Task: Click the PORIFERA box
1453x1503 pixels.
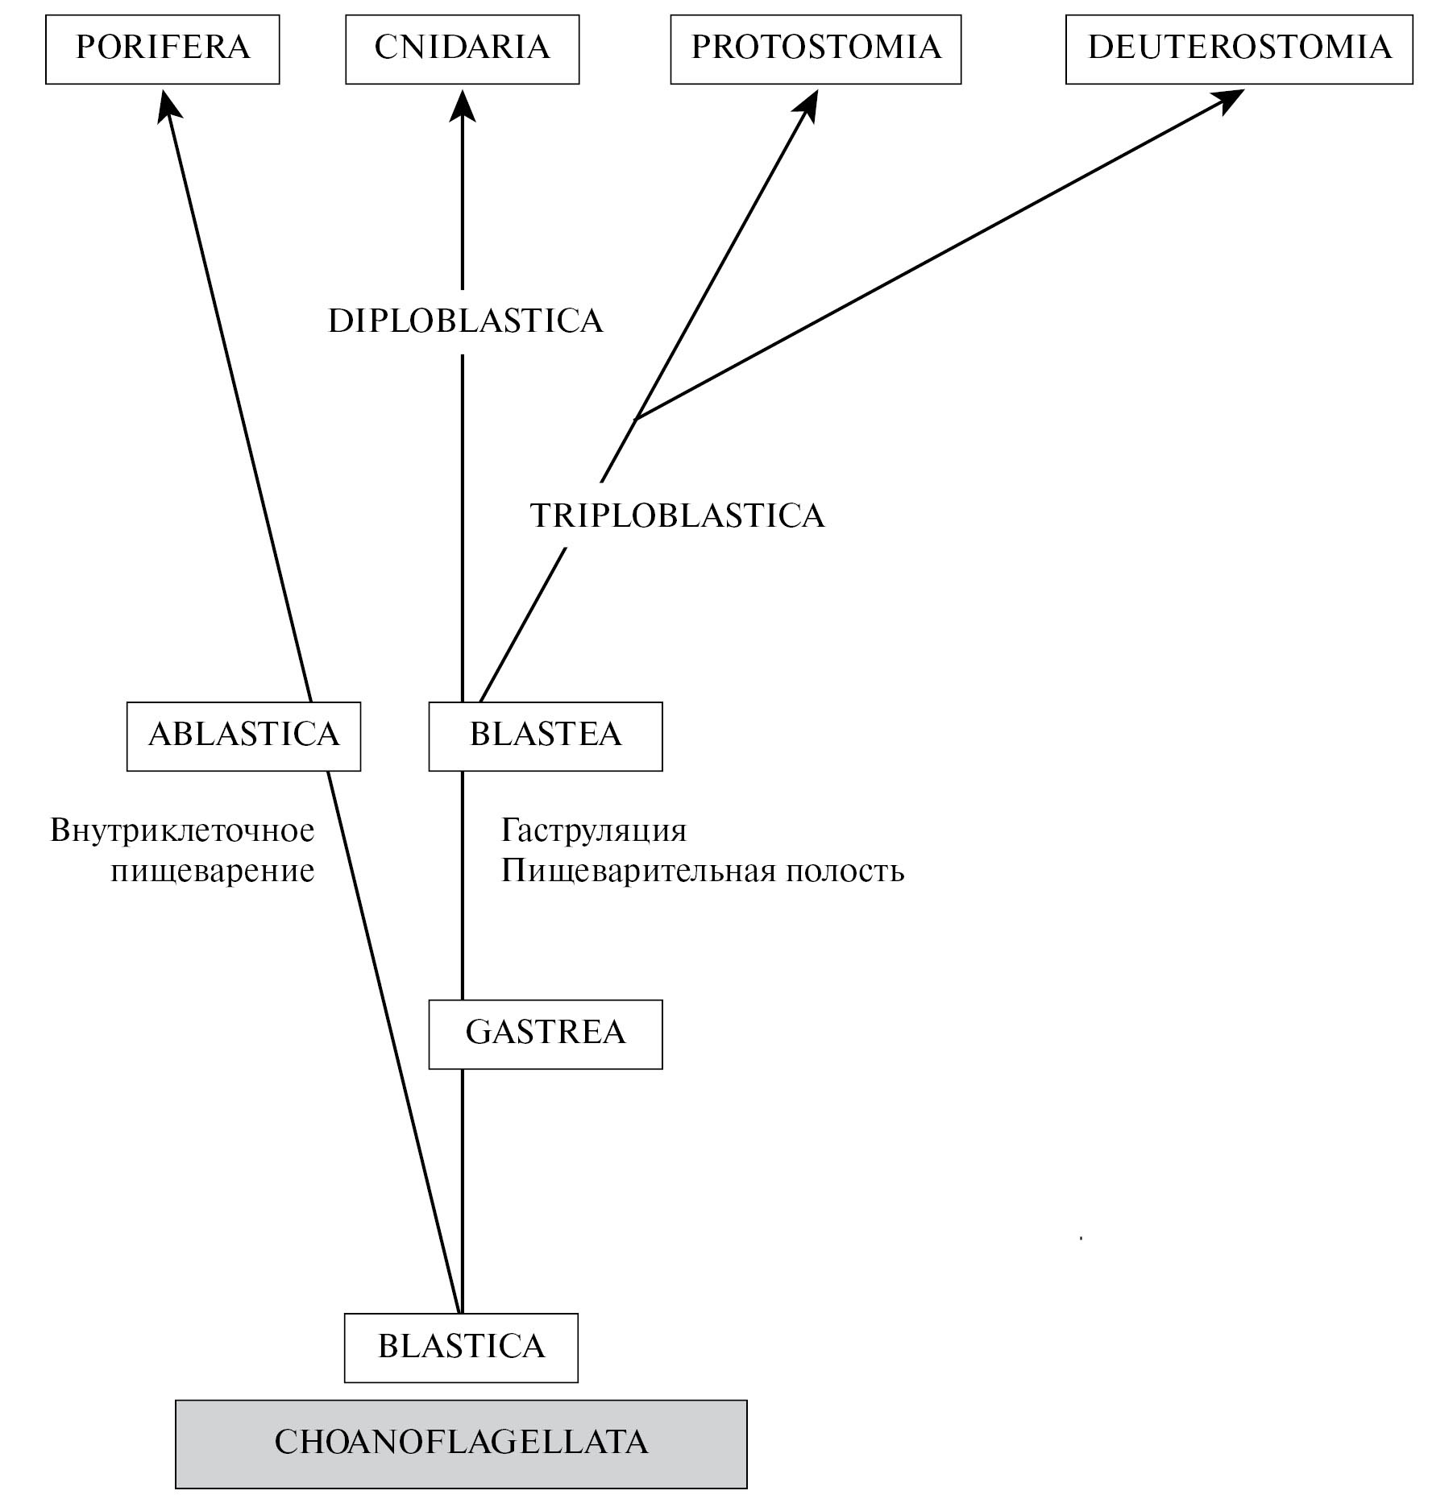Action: click(x=162, y=48)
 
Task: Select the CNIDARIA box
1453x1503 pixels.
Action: click(x=462, y=48)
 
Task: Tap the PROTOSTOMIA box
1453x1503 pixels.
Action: click(x=816, y=48)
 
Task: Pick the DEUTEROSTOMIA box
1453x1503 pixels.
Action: click(x=1239, y=48)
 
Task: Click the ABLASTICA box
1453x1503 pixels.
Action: click(x=243, y=735)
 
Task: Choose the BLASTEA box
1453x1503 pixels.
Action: click(x=545, y=735)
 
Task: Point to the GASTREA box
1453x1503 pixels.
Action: click(x=545, y=1034)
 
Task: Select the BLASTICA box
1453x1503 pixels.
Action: click(x=461, y=1348)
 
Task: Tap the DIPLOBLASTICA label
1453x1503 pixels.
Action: click(x=466, y=321)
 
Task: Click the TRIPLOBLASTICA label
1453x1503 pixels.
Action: click(x=677, y=515)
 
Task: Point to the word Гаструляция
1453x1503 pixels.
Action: click(x=594, y=830)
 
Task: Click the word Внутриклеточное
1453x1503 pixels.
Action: click(x=182, y=830)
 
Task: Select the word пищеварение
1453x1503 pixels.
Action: click(x=212, y=872)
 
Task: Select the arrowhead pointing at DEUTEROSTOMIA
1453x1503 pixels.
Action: click(x=1229, y=100)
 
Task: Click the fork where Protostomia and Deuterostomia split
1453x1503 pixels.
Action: click(x=637, y=417)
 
